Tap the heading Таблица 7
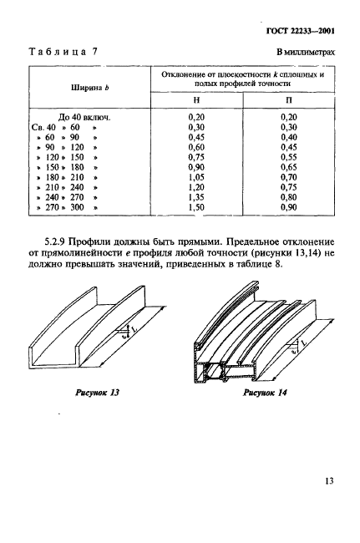[63, 53]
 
